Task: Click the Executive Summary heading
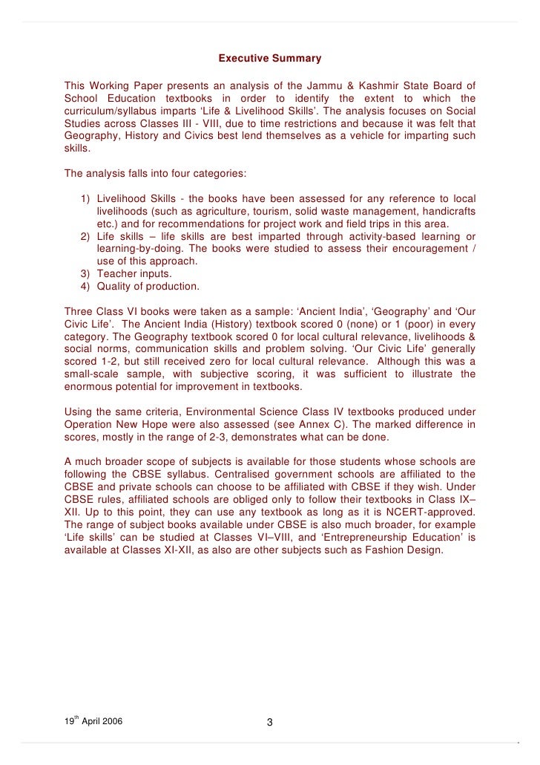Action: coord(269,58)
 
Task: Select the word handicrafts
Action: coord(447,212)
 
